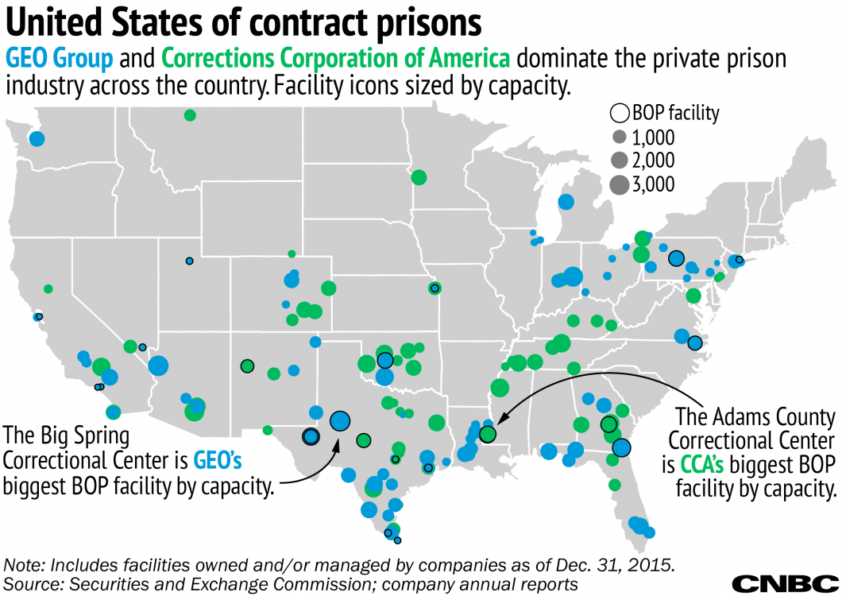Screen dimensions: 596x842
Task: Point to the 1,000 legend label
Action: coord(653,137)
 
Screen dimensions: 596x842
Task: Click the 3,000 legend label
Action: coord(653,184)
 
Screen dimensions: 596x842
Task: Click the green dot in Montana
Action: coord(190,115)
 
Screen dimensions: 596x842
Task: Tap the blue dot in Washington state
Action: coord(37,139)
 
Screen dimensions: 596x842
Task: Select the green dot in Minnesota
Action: coord(418,177)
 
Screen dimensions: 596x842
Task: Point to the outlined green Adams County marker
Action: coord(488,434)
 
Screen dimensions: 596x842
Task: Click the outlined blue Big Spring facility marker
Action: coord(340,421)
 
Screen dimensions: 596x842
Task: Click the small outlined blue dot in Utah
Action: coord(189,261)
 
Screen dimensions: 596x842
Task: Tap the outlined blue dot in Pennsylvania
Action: coord(676,257)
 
